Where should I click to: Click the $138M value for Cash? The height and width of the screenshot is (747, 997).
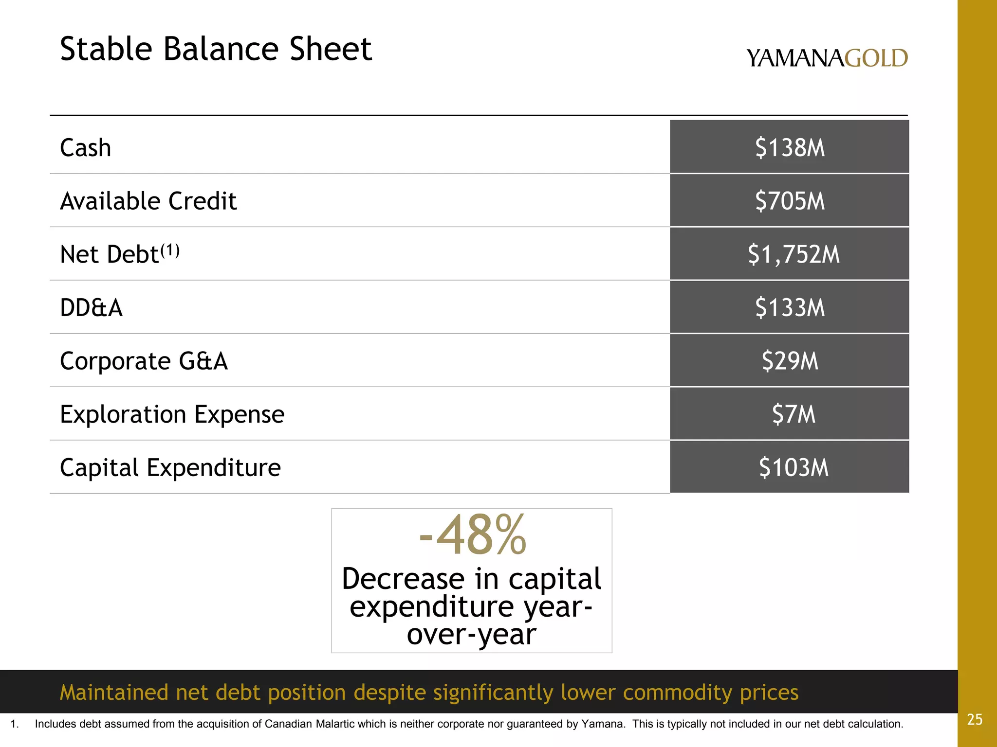tap(790, 148)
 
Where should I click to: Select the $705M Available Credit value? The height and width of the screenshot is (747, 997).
tap(790, 201)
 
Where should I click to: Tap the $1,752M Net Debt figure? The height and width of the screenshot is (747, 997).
tap(794, 254)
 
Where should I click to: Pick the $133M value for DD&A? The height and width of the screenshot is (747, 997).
tap(790, 308)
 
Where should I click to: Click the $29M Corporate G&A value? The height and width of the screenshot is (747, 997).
tap(790, 361)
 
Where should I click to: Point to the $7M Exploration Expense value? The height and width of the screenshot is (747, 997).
tap(793, 414)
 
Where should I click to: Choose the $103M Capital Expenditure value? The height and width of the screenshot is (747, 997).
tap(793, 468)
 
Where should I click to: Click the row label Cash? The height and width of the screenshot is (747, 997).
tap(85, 148)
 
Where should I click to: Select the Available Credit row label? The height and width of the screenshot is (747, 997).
tap(148, 201)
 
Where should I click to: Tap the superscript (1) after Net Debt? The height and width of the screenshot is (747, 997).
tap(170, 251)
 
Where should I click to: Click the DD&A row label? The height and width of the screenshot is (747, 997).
tap(91, 308)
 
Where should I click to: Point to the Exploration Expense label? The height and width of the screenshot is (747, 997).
tap(172, 414)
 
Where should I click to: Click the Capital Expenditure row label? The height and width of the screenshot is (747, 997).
tap(170, 468)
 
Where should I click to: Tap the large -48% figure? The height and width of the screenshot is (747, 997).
tap(472, 535)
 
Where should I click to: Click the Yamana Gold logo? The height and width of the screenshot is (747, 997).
tap(827, 58)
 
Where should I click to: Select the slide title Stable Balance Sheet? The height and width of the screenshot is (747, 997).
tap(216, 49)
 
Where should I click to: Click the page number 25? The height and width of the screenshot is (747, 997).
tap(975, 719)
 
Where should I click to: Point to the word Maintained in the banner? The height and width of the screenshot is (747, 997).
tap(114, 692)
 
